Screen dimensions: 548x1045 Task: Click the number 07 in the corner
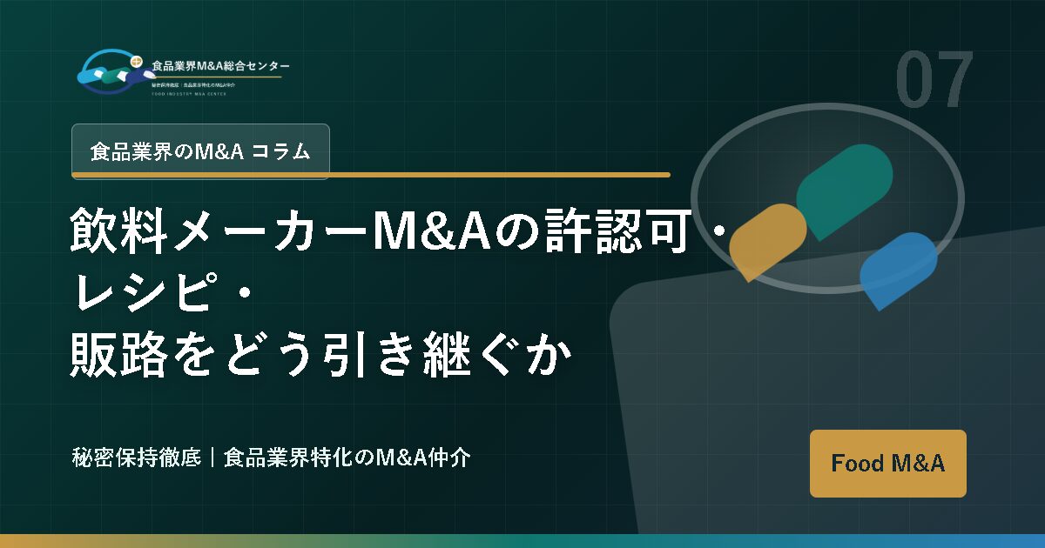pyautogui.click(x=934, y=81)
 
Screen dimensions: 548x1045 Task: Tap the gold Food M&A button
pyautogui.click(x=887, y=464)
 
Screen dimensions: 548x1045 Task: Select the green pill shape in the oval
pyautogui.click(x=844, y=190)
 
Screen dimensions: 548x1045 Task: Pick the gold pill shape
pyautogui.click(x=768, y=241)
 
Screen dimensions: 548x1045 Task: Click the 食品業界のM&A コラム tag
pyautogui.click(x=200, y=151)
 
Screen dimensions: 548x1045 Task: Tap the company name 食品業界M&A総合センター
pyautogui.click(x=220, y=66)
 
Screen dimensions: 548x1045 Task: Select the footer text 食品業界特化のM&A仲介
pyautogui.click(x=347, y=458)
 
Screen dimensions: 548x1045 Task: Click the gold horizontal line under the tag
pyautogui.click(x=371, y=175)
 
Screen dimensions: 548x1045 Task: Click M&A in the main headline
pyautogui.click(x=421, y=233)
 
